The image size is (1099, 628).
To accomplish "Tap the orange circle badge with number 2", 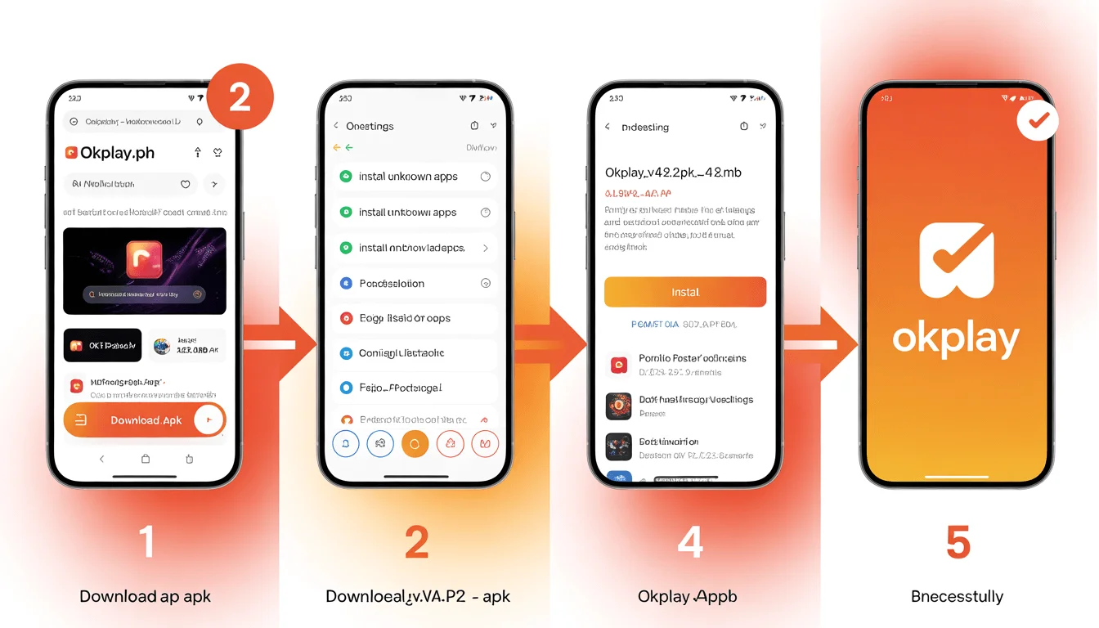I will pyautogui.click(x=240, y=98).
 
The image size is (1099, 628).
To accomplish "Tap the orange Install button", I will pyautogui.click(x=684, y=292).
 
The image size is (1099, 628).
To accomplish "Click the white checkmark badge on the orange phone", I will pyautogui.click(x=1038, y=122).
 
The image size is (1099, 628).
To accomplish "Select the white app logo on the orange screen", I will pyautogui.click(x=956, y=260).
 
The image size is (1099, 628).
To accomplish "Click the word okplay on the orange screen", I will pyautogui.click(x=955, y=338).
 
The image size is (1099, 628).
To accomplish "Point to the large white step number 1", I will pyautogui.click(x=146, y=542).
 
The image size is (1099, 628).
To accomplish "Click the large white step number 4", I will pyautogui.click(x=690, y=542).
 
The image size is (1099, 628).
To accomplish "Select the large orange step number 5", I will pyautogui.click(x=958, y=542).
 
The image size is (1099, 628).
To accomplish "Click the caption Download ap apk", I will pyautogui.click(x=145, y=596).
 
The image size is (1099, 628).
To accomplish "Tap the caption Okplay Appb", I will pyautogui.click(x=687, y=596).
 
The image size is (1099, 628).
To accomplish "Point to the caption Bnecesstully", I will pyautogui.click(x=957, y=596).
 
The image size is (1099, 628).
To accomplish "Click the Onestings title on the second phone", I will pyautogui.click(x=370, y=126).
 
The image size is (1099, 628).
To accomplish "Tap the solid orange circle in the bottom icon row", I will pyautogui.click(x=415, y=444).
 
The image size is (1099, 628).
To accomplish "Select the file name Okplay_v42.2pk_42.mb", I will pyautogui.click(x=673, y=173).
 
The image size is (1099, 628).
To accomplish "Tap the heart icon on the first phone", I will pyautogui.click(x=186, y=185).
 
